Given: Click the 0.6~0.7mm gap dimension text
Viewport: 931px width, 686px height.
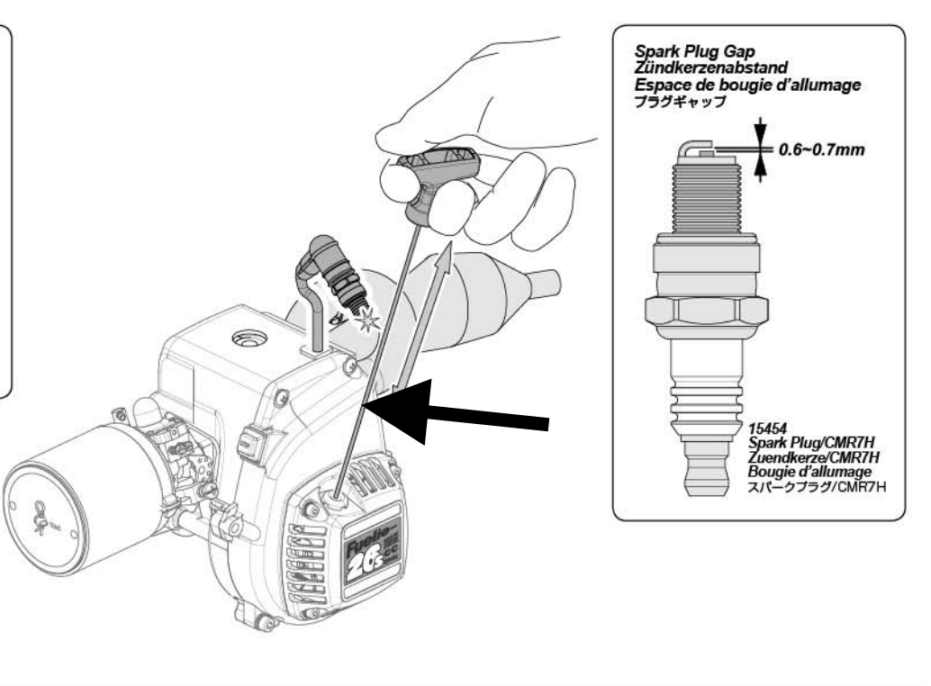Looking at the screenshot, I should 820,149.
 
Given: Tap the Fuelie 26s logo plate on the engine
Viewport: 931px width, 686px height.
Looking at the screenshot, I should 373,557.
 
